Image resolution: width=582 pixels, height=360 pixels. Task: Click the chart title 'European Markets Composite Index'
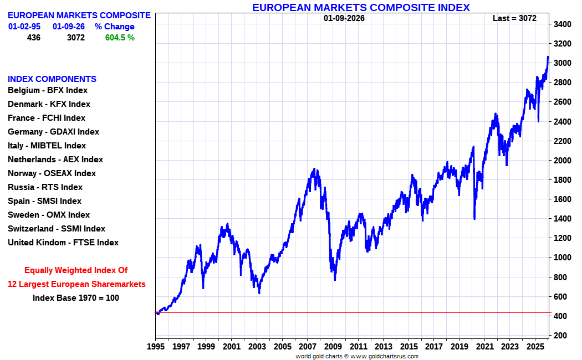pyautogui.click(x=361, y=7)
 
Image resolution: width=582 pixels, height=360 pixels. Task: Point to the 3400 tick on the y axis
pyautogui.click(x=563, y=24)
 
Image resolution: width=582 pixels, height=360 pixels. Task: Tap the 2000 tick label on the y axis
pyautogui.click(x=563, y=161)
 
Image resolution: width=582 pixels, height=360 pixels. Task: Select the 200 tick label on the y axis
pyautogui.click(x=560, y=336)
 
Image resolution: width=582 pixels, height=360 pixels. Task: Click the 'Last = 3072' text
pyautogui.click(x=514, y=18)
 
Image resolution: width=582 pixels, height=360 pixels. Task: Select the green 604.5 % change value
pyautogui.click(x=120, y=38)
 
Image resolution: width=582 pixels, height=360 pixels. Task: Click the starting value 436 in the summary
pyautogui.click(x=34, y=38)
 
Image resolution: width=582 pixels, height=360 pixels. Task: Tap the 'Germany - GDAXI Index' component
pyautogui.click(x=53, y=132)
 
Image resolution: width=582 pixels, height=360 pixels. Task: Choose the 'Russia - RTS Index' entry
pyautogui.click(x=45, y=187)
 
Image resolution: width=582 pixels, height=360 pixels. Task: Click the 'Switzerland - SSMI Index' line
pyautogui.click(x=57, y=229)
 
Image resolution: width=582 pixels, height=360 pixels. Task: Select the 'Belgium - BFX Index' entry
pyautogui.click(x=48, y=90)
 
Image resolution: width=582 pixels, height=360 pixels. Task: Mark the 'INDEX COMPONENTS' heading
pyautogui.click(x=52, y=79)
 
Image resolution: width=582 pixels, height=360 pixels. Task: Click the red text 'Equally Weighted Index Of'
pyautogui.click(x=76, y=270)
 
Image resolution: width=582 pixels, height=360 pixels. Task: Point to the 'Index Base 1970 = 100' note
pyautogui.click(x=76, y=298)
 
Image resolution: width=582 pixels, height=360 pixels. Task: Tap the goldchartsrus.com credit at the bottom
pyautogui.click(x=358, y=357)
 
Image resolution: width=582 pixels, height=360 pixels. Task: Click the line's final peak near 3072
pyautogui.click(x=548, y=57)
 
